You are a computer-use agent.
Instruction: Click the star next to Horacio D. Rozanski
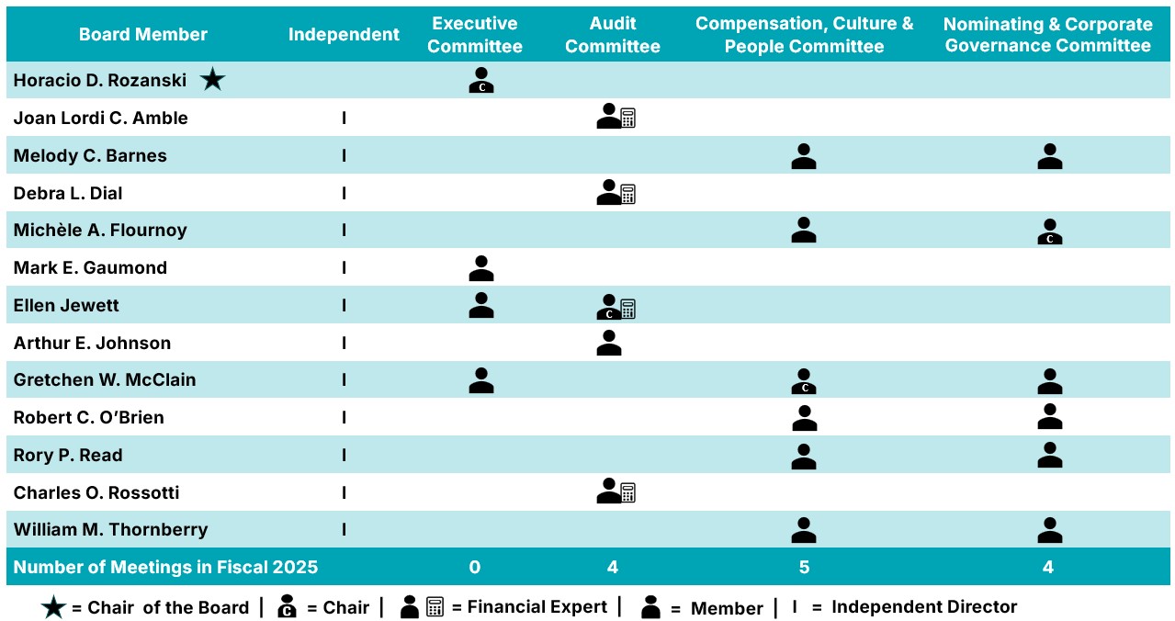tap(212, 81)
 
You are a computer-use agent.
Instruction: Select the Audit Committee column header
tap(613, 35)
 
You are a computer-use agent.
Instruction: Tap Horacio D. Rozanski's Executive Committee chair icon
tap(481, 81)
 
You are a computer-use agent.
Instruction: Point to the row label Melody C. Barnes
tap(90, 155)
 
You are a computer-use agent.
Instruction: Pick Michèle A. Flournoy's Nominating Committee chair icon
tap(1049, 231)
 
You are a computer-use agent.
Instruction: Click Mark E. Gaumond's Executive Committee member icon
tap(481, 268)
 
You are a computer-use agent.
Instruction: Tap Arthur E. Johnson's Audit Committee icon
tap(609, 344)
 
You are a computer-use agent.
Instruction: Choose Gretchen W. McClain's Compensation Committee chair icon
tap(804, 381)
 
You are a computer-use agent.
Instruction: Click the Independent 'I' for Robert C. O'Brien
tap(345, 418)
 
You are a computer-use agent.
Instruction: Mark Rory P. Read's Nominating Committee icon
tap(1049, 456)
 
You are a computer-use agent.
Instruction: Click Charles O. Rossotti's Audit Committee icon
tap(616, 492)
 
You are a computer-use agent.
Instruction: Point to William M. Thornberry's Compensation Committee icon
tap(804, 530)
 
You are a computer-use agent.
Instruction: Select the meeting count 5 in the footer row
tap(804, 567)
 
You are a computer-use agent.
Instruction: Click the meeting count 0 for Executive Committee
tap(475, 567)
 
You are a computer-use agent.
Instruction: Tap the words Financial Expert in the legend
tap(537, 607)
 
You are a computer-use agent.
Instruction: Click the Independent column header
tap(344, 35)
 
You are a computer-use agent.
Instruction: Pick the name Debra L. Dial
tap(68, 193)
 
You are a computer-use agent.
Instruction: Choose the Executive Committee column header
tap(475, 35)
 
